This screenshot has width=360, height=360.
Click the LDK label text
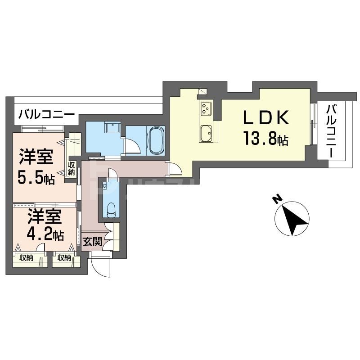(265, 118)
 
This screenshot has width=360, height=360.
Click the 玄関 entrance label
(92, 243)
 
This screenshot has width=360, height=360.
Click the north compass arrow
(292, 218)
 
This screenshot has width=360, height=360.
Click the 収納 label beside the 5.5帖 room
(72, 168)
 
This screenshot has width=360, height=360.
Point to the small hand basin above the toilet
(105, 185)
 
